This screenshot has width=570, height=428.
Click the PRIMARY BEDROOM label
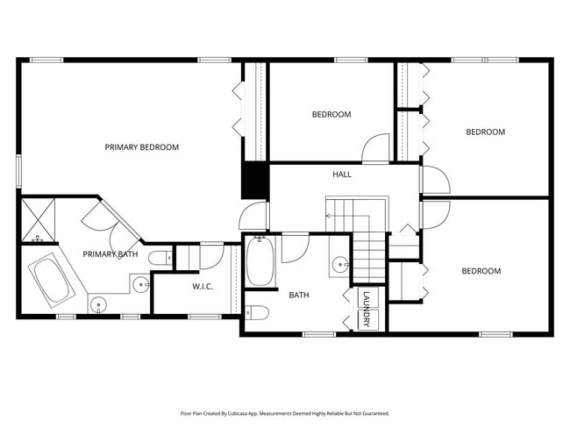click(141, 147)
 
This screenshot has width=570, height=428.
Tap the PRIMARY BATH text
click(110, 254)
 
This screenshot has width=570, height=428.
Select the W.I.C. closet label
click(203, 287)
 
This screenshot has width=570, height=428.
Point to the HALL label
click(342, 175)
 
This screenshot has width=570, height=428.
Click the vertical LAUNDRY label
click(367, 310)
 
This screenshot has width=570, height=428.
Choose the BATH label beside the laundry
click(299, 295)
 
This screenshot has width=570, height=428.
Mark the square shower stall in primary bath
click(38, 220)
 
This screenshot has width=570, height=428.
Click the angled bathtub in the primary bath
click(54, 281)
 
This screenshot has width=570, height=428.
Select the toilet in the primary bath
click(160, 258)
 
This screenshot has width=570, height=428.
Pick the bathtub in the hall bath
click(260, 261)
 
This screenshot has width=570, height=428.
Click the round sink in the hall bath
click(339, 264)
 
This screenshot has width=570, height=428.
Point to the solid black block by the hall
click(254, 182)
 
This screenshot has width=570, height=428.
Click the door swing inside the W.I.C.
click(211, 256)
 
